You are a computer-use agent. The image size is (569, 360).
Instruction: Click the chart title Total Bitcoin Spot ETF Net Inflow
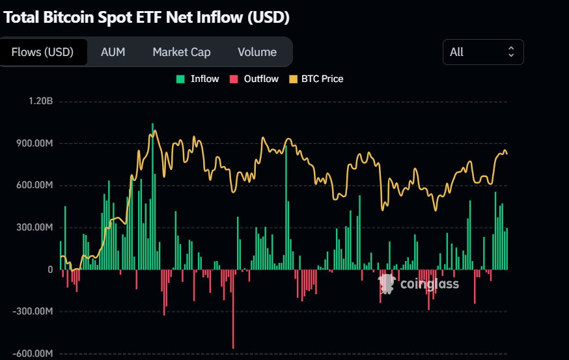tap(146, 17)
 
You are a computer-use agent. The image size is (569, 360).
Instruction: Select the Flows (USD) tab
tap(43, 52)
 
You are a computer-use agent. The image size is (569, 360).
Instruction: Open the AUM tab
tap(113, 52)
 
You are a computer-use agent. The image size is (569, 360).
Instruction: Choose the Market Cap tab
tap(182, 52)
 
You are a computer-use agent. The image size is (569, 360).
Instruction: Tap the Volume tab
tap(257, 52)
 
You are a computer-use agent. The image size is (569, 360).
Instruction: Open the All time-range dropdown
tap(482, 52)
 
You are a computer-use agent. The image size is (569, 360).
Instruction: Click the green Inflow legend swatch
tap(180, 79)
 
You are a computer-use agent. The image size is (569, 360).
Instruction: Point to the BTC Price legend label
tap(322, 79)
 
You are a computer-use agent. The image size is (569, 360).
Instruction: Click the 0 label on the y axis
tap(49, 270)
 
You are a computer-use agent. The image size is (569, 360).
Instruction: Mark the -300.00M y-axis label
tap(33, 311)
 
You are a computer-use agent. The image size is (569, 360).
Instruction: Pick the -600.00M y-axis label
tap(33, 353)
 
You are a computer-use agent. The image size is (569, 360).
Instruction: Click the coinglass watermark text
tap(429, 284)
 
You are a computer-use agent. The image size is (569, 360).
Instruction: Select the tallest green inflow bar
tap(153, 195)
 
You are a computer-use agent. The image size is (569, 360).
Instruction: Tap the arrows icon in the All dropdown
tap(511, 52)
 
